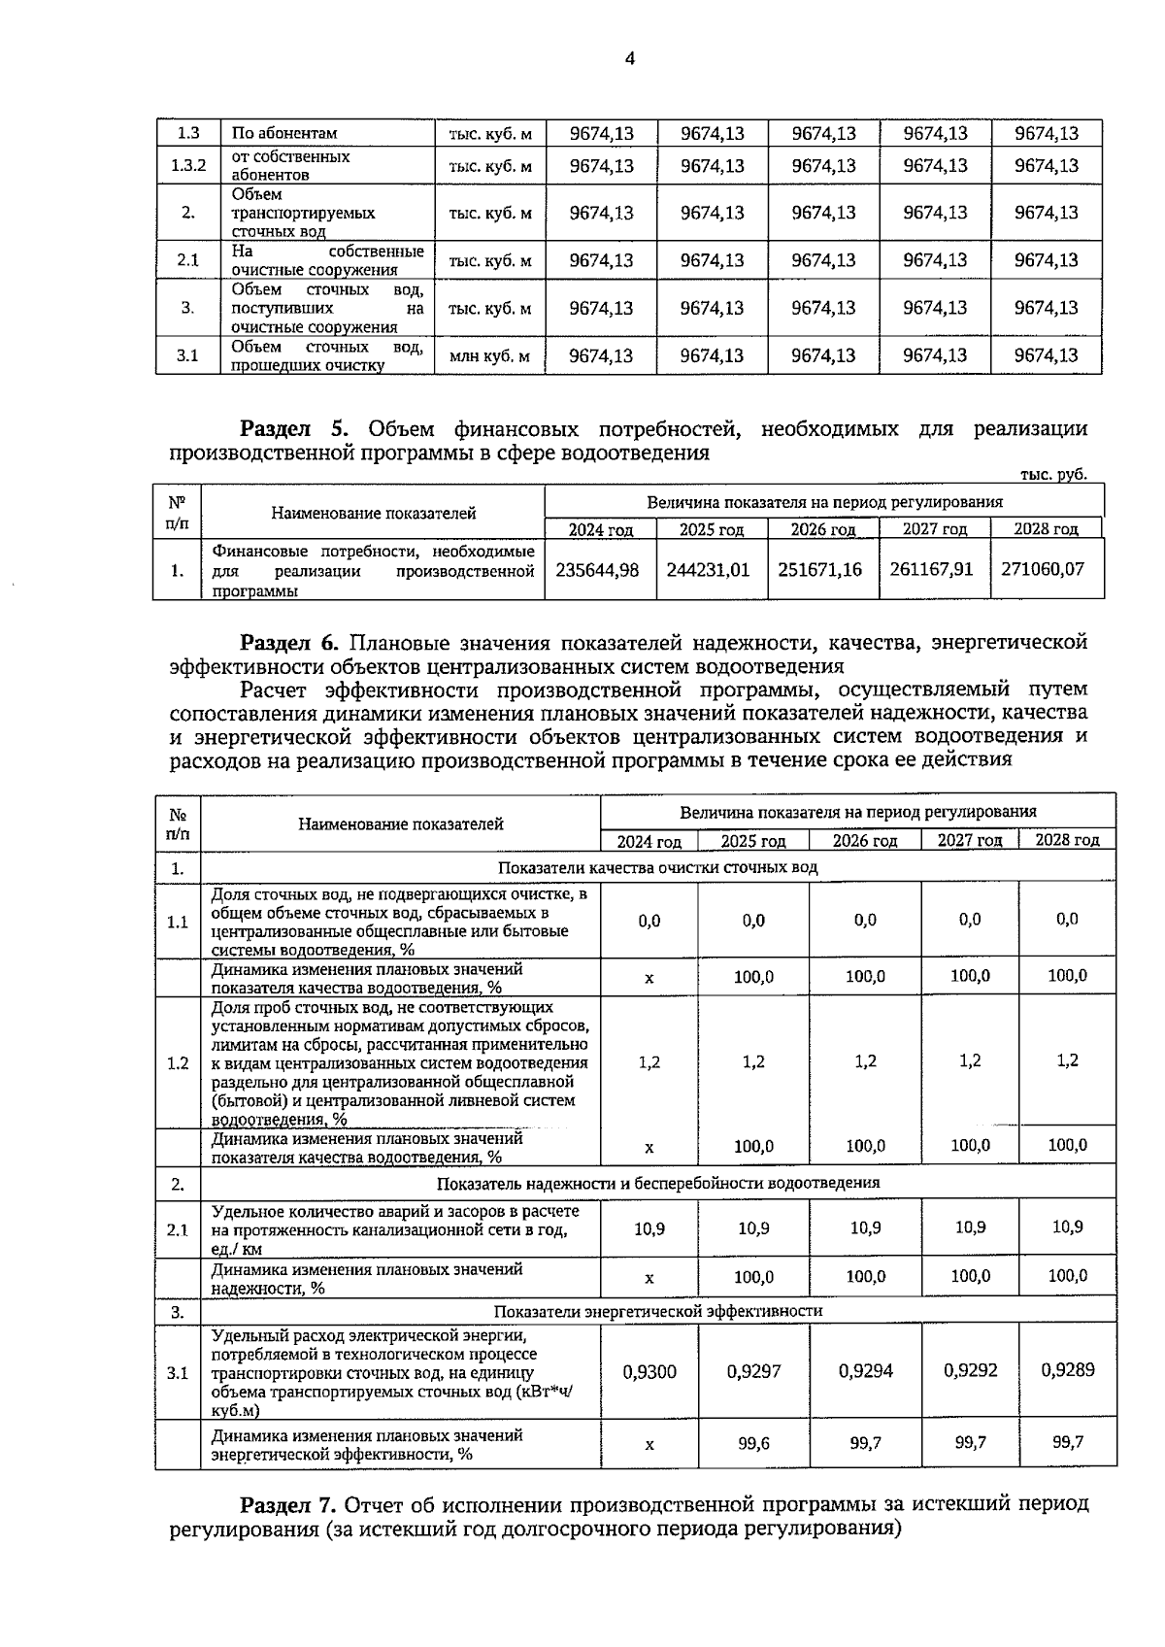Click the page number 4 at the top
click(x=629, y=59)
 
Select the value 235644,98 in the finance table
click(x=597, y=570)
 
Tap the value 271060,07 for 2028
click(x=1042, y=570)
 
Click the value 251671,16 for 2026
click(x=819, y=570)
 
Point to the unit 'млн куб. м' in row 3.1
click(x=489, y=356)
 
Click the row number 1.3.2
click(x=188, y=166)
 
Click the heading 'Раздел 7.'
click(x=287, y=1505)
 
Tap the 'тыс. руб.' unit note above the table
click(x=1052, y=475)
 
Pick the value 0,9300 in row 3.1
click(x=649, y=1371)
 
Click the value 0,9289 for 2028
click(x=1067, y=1370)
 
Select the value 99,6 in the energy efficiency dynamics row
click(x=753, y=1444)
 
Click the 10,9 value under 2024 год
click(x=649, y=1228)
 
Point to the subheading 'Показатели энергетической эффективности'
click(x=657, y=1311)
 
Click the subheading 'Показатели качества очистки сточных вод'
click(x=657, y=867)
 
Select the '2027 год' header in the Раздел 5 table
click(x=934, y=529)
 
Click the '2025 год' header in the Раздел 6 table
click(x=752, y=841)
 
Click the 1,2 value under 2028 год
click(x=1067, y=1061)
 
